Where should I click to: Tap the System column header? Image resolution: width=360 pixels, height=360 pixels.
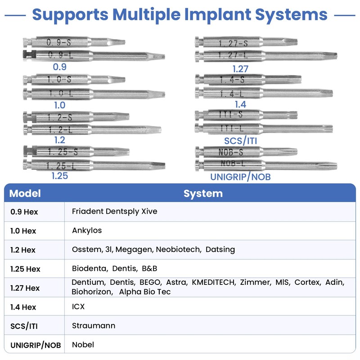[203, 193]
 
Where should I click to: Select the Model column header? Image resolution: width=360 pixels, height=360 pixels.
[25, 193]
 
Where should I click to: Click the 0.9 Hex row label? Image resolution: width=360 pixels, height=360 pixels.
[24, 211]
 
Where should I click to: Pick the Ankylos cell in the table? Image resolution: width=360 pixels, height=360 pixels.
[87, 230]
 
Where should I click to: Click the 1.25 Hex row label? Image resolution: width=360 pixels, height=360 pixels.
[25, 269]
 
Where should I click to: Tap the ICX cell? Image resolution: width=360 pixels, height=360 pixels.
[78, 307]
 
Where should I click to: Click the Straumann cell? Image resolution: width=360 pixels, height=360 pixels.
[94, 325]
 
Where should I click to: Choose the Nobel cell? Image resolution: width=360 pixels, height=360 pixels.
[83, 345]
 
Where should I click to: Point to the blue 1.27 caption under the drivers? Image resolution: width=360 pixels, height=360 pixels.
[240, 69]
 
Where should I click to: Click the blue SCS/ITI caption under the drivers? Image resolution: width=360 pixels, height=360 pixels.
[241, 141]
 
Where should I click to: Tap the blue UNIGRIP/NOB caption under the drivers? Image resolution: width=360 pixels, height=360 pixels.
[240, 177]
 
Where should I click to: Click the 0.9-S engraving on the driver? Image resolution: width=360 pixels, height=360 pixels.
[59, 43]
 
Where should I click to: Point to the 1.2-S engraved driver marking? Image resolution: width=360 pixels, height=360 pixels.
[60, 117]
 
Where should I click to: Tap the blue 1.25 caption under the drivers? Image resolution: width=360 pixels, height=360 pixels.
[59, 176]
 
